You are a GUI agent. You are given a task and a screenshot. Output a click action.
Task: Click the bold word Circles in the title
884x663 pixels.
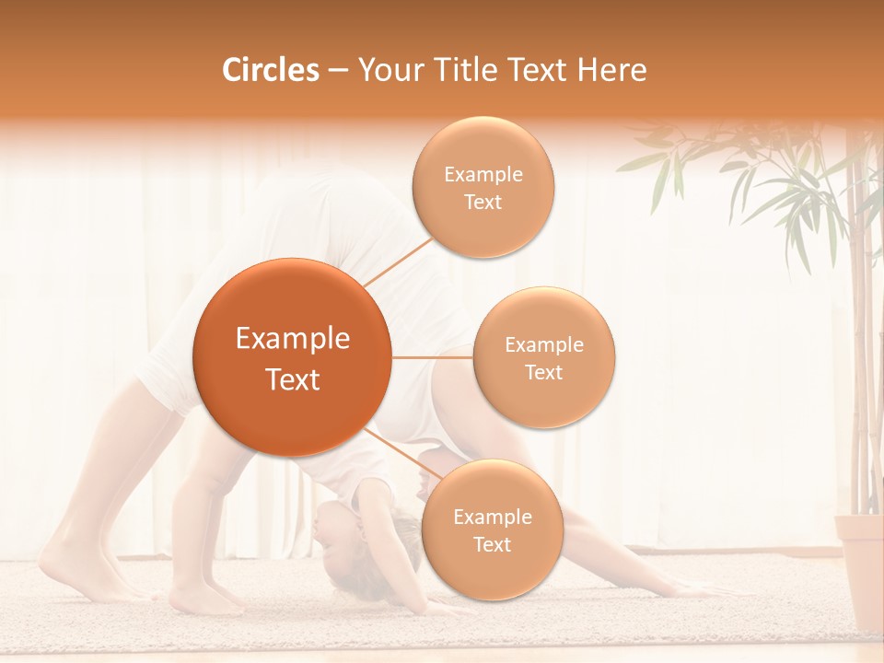point(270,70)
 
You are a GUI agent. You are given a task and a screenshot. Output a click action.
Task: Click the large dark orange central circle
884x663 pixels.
point(292,357)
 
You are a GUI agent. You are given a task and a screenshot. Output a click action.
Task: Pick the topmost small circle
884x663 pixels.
point(483,188)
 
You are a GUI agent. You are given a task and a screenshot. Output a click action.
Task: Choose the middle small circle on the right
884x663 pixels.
point(543,357)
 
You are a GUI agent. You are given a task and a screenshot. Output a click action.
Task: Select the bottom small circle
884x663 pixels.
point(492,529)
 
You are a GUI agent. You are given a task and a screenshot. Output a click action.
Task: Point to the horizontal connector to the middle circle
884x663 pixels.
point(432,357)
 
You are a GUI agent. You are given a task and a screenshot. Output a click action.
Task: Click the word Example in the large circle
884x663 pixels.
point(292,339)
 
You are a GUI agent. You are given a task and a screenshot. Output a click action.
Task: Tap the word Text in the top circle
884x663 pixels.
point(483,203)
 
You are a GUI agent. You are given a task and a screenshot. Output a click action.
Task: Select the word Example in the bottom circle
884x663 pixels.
point(492,517)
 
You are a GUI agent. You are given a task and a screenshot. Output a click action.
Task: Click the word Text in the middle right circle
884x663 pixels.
point(543,372)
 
